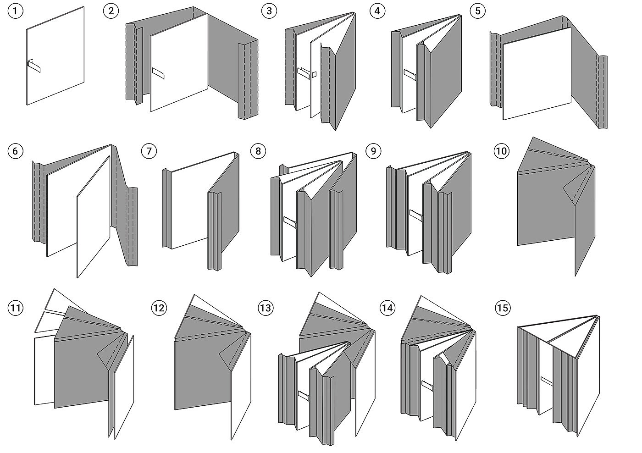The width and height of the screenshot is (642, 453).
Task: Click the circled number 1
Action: tap(15, 11)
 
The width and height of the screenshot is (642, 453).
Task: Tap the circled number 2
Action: tap(110, 11)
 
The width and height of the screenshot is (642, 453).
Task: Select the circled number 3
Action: tap(269, 11)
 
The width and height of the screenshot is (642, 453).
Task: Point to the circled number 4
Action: tap(377, 11)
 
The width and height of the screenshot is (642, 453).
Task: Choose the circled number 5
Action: tap(477, 11)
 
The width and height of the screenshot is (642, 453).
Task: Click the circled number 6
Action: tap(15, 151)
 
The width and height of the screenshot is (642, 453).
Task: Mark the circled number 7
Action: tap(149, 151)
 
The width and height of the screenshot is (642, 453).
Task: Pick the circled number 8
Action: tap(258, 151)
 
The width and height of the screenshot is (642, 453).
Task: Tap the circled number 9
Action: tap(373, 151)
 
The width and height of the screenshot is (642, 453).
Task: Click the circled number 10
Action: tap(501, 151)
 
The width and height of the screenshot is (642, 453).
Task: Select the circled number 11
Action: tap(15, 308)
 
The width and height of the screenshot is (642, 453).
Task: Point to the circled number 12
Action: tap(159, 308)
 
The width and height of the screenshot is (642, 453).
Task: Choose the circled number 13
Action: tap(265, 308)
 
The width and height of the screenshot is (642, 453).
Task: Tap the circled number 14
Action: tap(387, 308)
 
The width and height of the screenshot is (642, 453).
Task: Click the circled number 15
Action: tap(502, 308)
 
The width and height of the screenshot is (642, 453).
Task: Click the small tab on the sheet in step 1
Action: tap(34, 66)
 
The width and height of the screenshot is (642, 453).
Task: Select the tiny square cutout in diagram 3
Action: tap(315, 74)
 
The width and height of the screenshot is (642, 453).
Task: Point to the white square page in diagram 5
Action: tap(537, 73)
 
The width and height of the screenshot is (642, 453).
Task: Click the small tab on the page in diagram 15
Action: tap(548, 380)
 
